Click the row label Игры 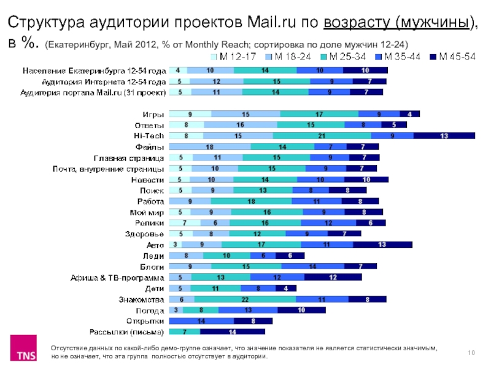153,114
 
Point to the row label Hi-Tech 149,136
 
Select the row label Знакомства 141,299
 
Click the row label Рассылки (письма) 126,332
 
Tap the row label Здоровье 145,234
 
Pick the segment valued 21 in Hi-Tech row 322,136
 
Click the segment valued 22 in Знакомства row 245,299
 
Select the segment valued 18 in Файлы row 209,147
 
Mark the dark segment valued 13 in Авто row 382,245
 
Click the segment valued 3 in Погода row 176,310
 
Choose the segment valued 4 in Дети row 285,288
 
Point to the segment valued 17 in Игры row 319,114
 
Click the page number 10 471,351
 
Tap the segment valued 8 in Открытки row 252,321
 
